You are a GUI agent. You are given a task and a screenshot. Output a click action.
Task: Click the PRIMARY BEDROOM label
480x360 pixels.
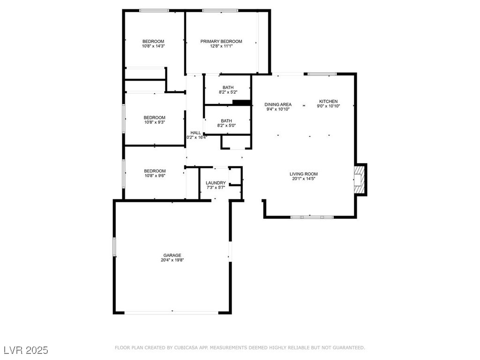point(221,41)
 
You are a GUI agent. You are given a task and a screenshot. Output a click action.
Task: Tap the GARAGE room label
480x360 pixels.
point(172,255)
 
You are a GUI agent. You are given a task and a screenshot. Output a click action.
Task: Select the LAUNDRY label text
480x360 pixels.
point(216,183)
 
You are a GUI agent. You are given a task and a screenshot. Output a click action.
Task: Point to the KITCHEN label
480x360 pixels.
point(328,101)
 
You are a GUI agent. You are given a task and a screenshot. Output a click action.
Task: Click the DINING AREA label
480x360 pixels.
point(278,105)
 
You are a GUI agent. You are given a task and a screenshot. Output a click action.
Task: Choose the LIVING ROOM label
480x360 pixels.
point(304,174)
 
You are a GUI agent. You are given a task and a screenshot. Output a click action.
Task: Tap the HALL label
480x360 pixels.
point(195,133)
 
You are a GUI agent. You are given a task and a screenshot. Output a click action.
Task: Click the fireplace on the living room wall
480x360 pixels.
point(360,179)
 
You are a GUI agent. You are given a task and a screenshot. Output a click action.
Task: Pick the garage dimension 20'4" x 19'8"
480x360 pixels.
point(172,260)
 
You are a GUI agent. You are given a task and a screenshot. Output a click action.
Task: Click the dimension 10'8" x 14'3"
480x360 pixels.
point(153,46)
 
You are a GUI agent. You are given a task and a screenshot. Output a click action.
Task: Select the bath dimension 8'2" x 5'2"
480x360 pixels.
point(228,92)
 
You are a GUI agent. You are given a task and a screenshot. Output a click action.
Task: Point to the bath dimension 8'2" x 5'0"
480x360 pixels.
point(226,125)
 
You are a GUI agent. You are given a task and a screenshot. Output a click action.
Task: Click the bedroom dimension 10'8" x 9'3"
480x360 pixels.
point(154,122)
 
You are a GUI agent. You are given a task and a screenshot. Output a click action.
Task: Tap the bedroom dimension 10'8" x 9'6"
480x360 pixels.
point(154,176)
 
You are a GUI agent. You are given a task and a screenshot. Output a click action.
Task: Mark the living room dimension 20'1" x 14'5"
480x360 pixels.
point(304,179)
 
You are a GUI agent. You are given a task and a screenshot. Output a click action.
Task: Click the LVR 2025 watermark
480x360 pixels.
point(26,350)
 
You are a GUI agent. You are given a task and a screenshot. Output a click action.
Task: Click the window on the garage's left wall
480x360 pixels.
point(114,247)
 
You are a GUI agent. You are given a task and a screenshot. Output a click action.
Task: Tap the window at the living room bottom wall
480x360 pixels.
point(312,217)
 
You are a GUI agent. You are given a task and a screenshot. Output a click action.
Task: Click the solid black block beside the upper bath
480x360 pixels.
point(241,103)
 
